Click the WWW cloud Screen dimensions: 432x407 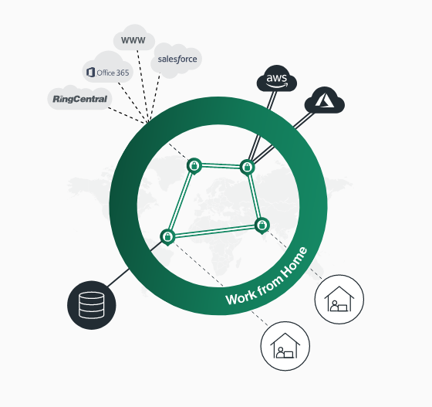pos(134,38)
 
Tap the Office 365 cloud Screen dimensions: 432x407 pos(108,67)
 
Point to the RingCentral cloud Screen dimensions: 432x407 pos(79,97)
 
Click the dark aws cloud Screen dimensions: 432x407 pos(277,78)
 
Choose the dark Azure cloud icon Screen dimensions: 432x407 pos(325,100)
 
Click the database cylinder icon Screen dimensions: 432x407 pos(92,305)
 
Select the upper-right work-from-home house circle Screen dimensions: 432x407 pos(339,299)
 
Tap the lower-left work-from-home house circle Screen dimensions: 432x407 pos(285,346)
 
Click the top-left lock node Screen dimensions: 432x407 pos(194,166)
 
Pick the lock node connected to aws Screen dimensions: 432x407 pos(247,167)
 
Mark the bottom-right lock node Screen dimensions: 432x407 pos(262,226)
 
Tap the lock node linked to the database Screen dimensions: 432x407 pos(167,236)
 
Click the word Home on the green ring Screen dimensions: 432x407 pos(295,263)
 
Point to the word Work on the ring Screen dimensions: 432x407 pos(238,297)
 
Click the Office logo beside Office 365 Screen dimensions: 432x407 pos(91,73)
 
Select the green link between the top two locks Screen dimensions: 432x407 pos(221,166)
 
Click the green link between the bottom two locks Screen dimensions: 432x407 pos(214,231)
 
